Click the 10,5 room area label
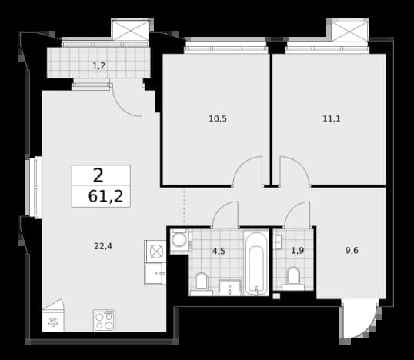point(218,119)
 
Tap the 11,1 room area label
point(332,119)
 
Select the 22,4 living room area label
point(103,246)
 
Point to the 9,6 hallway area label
point(352,250)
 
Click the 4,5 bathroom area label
point(219,251)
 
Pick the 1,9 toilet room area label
point(298,251)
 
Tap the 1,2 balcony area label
point(99,65)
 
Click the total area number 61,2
point(105,196)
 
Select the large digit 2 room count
point(98,176)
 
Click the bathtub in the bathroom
point(256,262)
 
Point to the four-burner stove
point(105,321)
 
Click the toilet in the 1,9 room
point(293,279)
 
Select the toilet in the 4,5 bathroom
point(202,284)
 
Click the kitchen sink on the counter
point(155,273)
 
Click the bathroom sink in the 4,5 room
point(230,288)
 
